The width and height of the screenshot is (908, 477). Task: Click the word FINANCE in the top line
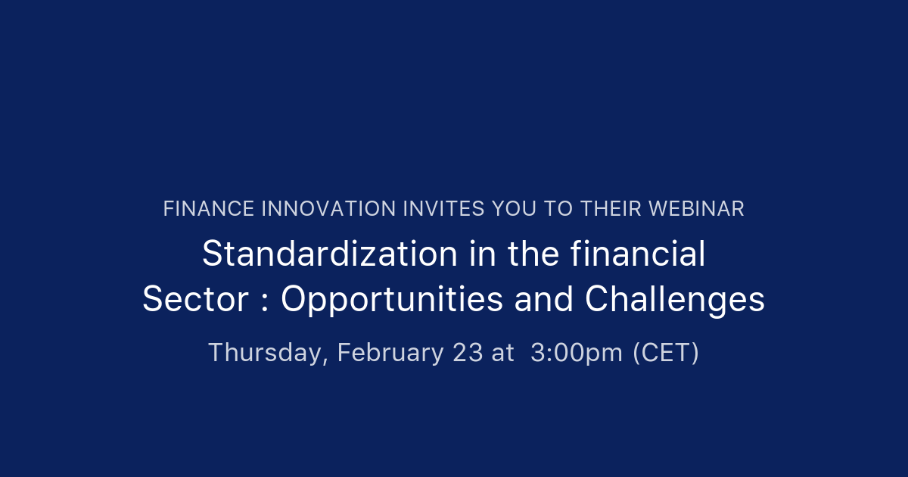(x=208, y=209)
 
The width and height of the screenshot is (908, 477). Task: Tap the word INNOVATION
(x=328, y=209)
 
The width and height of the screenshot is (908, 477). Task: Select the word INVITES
(x=443, y=209)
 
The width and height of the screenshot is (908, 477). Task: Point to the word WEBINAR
(x=696, y=209)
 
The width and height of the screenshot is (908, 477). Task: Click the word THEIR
(x=611, y=209)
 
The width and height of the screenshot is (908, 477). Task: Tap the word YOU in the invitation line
(x=514, y=209)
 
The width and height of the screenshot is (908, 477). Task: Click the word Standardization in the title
(x=330, y=254)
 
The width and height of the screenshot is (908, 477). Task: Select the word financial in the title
(x=638, y=254)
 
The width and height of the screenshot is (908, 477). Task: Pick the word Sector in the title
(x=195, y=299)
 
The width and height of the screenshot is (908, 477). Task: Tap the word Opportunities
(x=392, y=300)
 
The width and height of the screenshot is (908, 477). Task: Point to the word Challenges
(x=674, y=300)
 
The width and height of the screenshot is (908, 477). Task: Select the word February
(x=390, y=353)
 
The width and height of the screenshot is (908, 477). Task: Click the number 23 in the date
(x=468, y=352)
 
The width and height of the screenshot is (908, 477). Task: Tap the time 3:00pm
(x=577, y=353)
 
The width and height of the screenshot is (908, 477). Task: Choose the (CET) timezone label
(x=666, y=353)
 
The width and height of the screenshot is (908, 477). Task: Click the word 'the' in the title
(x=533, y=254)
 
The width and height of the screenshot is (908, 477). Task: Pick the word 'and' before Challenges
(x=544, y=299)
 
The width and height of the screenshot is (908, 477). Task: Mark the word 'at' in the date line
(x=502, y=353)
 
